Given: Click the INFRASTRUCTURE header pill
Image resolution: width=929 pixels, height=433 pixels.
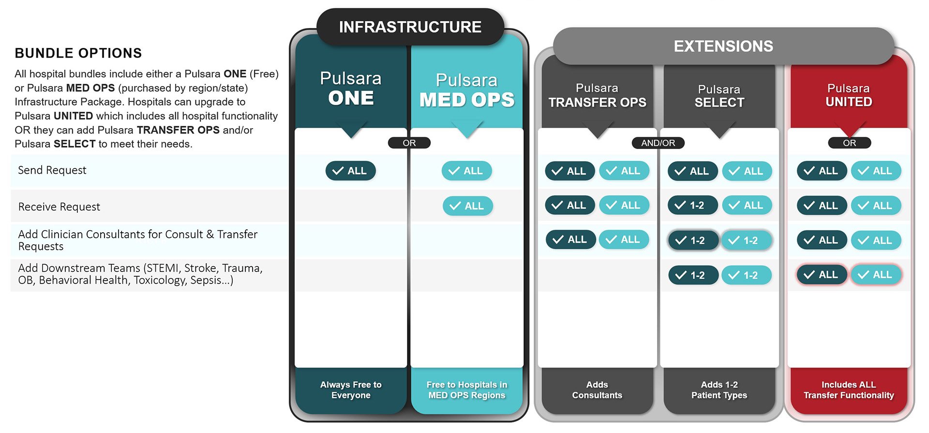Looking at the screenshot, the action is click(x=410, y=27).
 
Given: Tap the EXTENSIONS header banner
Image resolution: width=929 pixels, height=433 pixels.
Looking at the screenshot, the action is click(x=723, y=46).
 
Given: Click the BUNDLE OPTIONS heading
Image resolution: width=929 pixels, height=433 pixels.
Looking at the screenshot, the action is click(x=78, y=53).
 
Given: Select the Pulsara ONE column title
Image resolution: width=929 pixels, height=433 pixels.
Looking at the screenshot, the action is click(x=351, y=88).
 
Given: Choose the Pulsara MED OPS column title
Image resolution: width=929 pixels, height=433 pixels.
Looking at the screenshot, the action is click(x=467, y=90).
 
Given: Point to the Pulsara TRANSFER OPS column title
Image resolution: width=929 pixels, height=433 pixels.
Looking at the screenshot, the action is click(x=597, y=95).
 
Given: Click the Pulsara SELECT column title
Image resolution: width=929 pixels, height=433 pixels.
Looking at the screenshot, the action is click(x=719, y=96).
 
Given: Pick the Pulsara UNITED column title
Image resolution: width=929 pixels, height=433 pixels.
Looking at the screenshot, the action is click(x=849, y=95).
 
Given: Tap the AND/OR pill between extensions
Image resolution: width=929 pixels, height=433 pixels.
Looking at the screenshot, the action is click(x=658, y=143).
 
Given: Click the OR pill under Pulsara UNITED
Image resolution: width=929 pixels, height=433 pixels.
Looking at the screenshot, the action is click(x=850, y=143).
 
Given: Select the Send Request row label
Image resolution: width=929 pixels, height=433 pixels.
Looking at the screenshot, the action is click(x=52, y=170).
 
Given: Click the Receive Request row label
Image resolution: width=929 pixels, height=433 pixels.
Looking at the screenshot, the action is click(x=59, y=207).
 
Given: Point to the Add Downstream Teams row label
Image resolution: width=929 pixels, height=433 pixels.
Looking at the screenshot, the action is click(x=140, y=274).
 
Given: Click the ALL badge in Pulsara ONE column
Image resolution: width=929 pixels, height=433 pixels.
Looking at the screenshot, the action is click(x=351, y=171).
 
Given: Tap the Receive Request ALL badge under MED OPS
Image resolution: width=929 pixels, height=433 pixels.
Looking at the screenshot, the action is click(x=468, y=206).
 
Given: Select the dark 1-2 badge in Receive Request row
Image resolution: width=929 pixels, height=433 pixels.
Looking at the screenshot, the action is click(x=693, y=205).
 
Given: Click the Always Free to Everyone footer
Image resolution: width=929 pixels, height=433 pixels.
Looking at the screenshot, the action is click(x=351, y=390).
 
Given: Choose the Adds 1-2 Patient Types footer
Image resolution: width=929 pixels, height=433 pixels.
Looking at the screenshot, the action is click(x=719, y=390).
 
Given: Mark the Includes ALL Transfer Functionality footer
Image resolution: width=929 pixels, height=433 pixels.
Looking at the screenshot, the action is click(x=849, y=390).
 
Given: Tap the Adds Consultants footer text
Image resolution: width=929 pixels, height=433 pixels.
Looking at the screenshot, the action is click(x=597, y=390).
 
